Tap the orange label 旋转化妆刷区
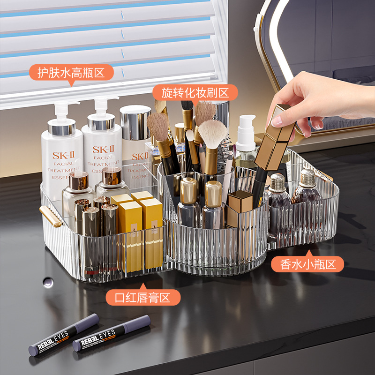coord(195,92)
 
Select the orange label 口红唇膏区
coord(143,297)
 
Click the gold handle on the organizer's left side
coord(51,217)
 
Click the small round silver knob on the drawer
coord(47,281)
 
